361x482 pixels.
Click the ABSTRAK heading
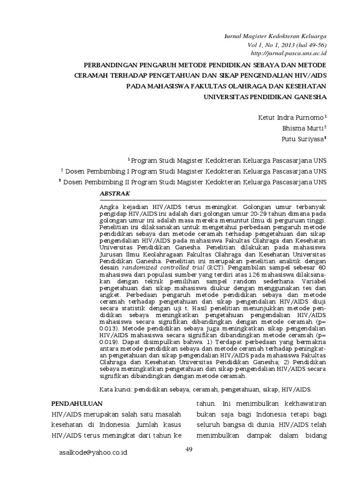[x=115, y=193]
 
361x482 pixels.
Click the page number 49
[x=189, y=450]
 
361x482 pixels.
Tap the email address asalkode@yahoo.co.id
[x=93, y=452]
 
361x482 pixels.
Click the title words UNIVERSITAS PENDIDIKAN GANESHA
[x=265, y=98]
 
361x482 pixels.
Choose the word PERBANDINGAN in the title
[x=110, y=64]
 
